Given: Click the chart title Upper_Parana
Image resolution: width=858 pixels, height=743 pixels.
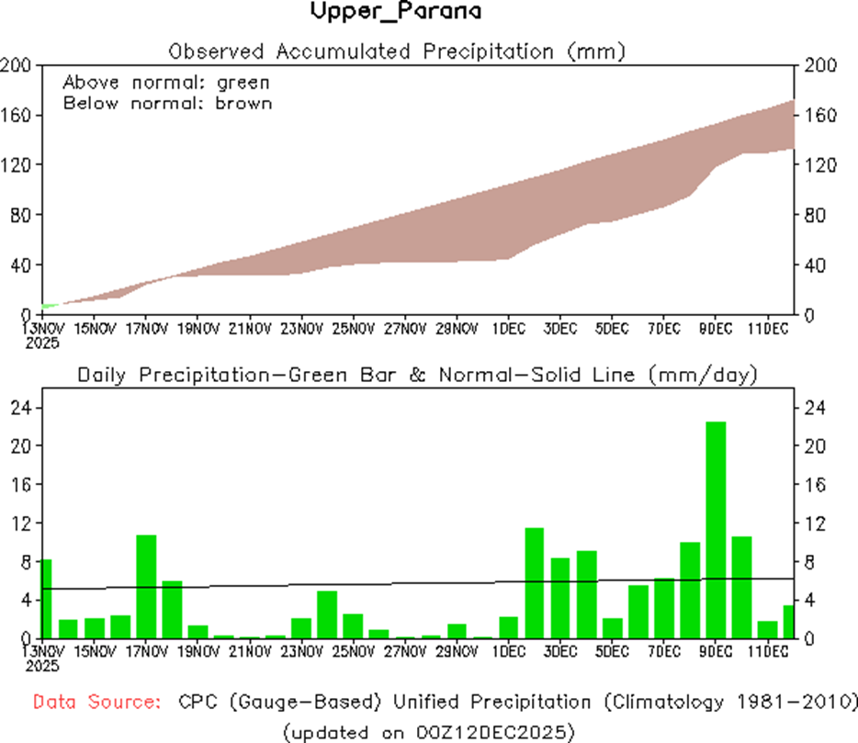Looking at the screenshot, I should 396,13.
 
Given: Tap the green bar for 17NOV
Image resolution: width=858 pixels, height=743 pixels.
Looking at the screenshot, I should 146,586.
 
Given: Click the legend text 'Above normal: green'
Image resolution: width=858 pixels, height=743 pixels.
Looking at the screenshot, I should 166,82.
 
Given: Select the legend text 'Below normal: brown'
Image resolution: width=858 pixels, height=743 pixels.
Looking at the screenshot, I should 167,103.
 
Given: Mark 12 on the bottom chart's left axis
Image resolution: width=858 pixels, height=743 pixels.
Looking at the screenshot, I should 21,523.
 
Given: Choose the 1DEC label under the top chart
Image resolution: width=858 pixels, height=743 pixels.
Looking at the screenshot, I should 508,328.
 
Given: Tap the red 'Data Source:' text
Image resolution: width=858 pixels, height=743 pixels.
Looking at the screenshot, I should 96,703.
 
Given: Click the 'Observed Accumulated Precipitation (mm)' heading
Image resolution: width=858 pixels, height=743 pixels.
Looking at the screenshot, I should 397,51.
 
